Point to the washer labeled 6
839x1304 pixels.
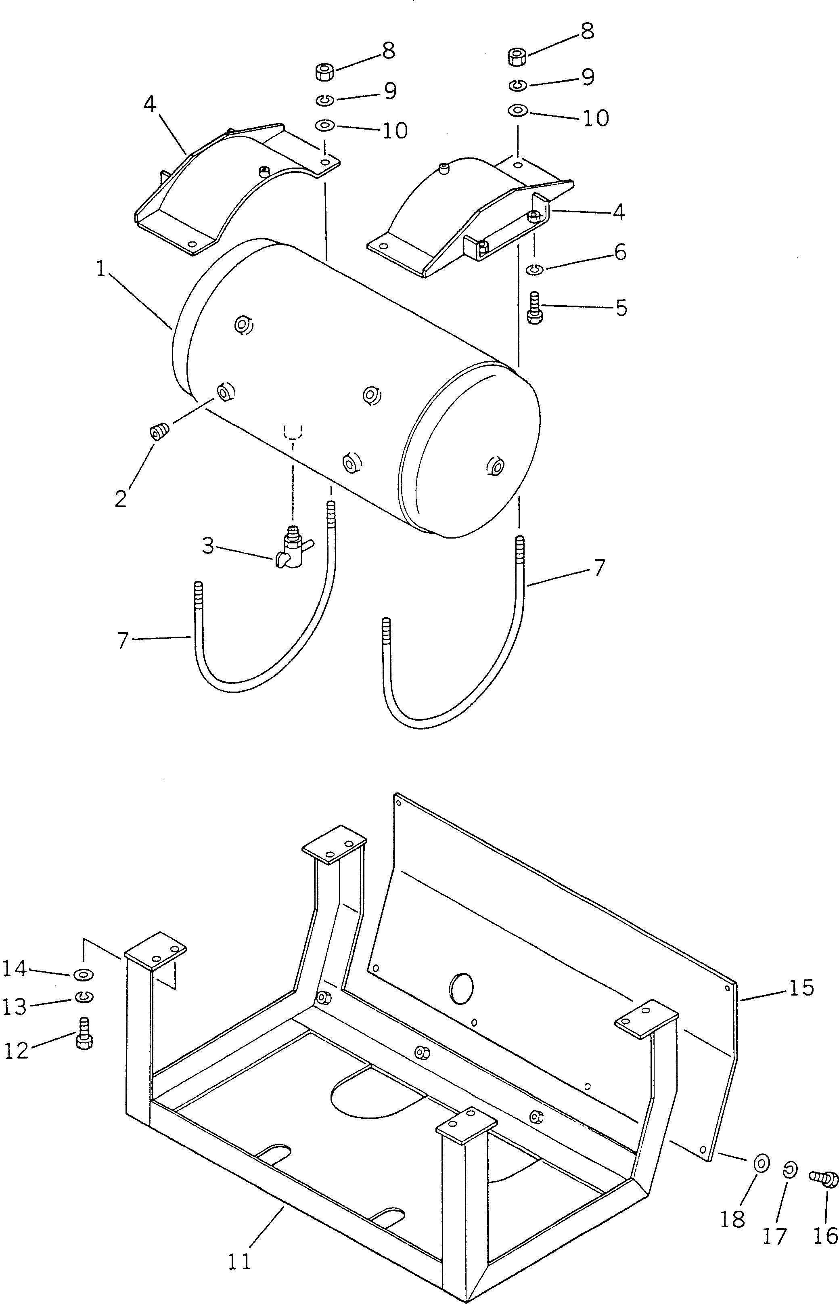(x=534, y=268)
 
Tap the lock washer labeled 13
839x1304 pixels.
(x=84, y=997)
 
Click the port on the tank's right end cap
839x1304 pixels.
(x=496, y=466)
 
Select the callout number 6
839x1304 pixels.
(x=620, y=252)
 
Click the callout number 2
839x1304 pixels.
(x=121, y=498)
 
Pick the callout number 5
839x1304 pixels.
(x=621, y=308)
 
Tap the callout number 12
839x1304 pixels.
(x=16, y=1050)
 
